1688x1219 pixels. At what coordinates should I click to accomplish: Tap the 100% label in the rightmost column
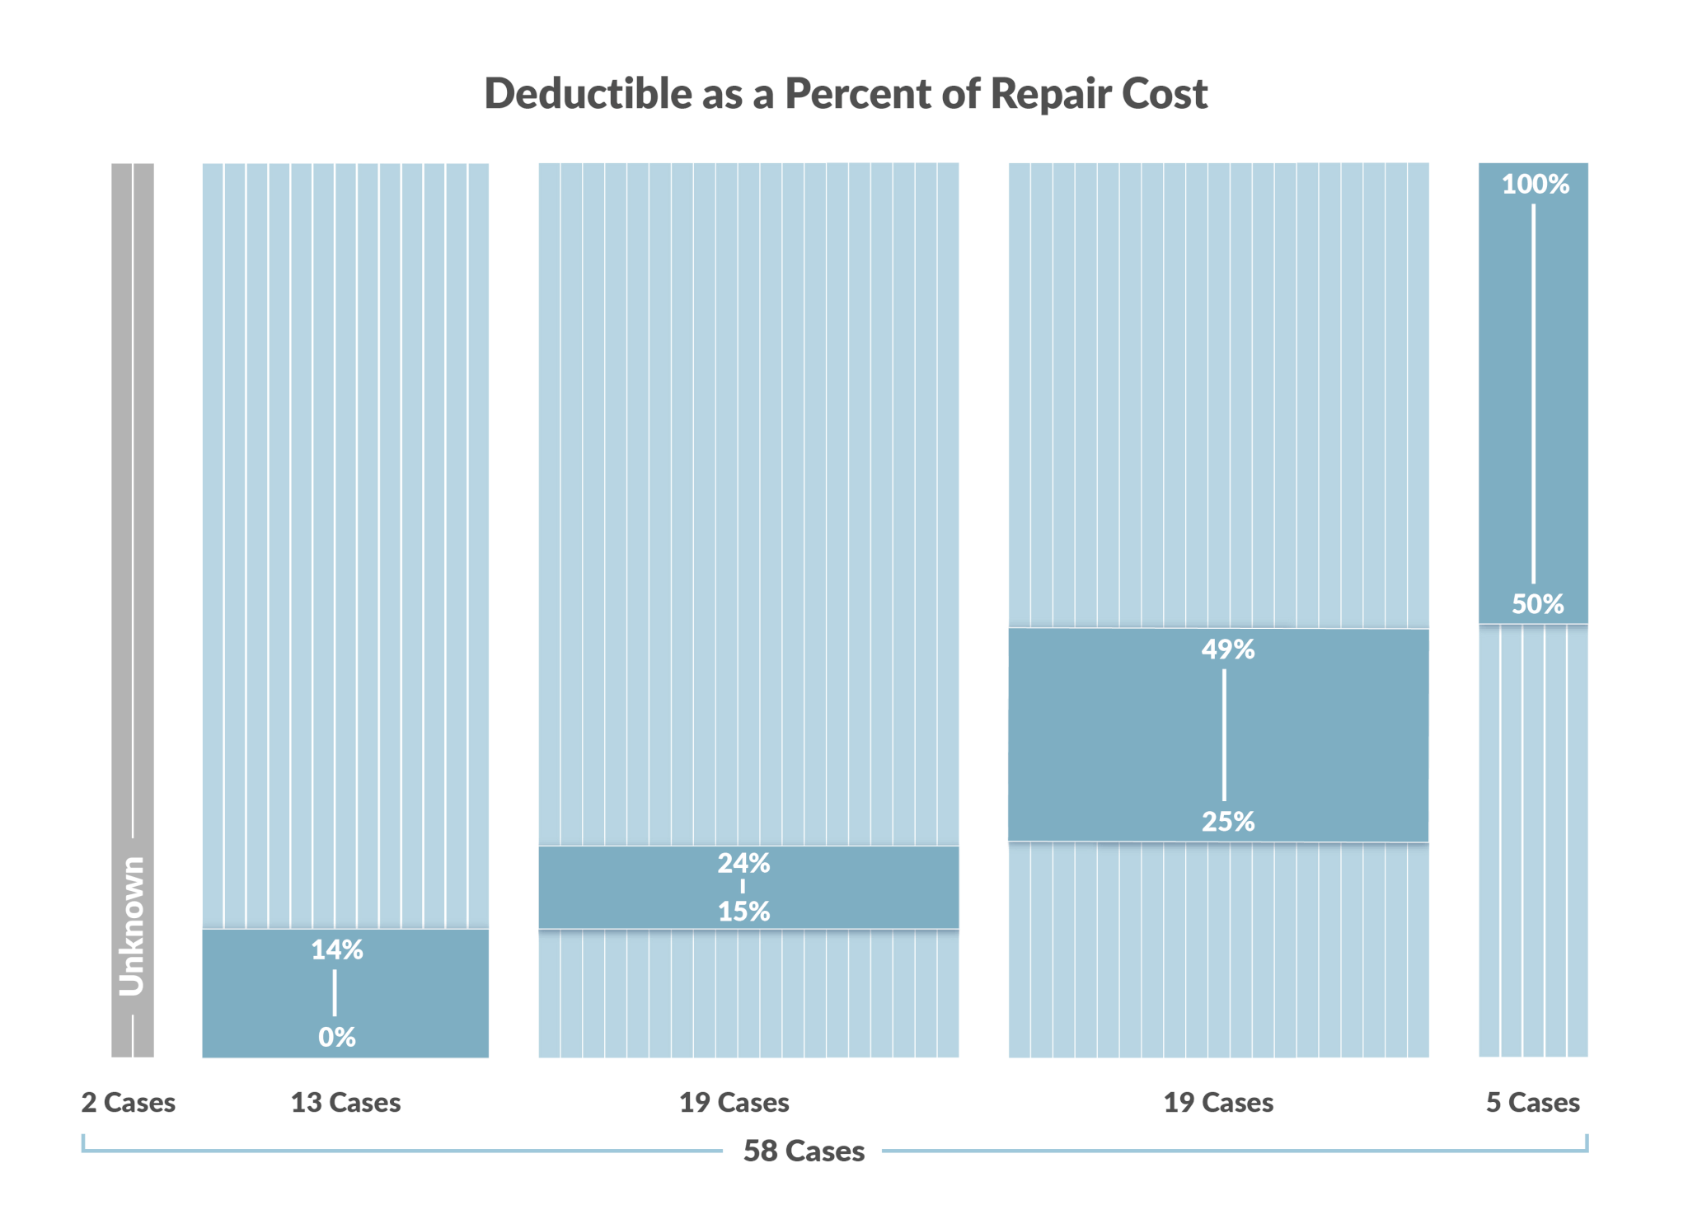[1535, 184]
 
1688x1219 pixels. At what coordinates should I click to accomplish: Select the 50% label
[1537, 604]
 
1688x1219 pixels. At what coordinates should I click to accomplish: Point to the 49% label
[1227, 649]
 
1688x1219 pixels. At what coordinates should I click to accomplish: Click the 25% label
[1227, 821]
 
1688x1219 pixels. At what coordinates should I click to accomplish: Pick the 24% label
[743, 863]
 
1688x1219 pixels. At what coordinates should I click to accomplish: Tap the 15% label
[743, 911]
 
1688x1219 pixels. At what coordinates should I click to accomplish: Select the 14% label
[336, 949]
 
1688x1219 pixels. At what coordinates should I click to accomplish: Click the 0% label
[336, 1037]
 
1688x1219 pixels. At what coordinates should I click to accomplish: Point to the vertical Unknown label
[132, 926]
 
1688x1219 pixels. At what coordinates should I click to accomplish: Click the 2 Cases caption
[128, 1102]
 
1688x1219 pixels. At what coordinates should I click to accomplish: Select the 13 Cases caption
[345, 1102]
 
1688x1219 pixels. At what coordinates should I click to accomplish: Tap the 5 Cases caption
[1532, 1102]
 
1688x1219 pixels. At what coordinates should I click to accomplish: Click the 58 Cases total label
[804, 1151]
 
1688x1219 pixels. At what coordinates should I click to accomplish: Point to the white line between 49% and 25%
[1224, 734]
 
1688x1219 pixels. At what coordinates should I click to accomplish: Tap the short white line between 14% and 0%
[335, 992]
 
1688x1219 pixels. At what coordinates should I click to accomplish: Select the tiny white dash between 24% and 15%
[743, 887]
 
